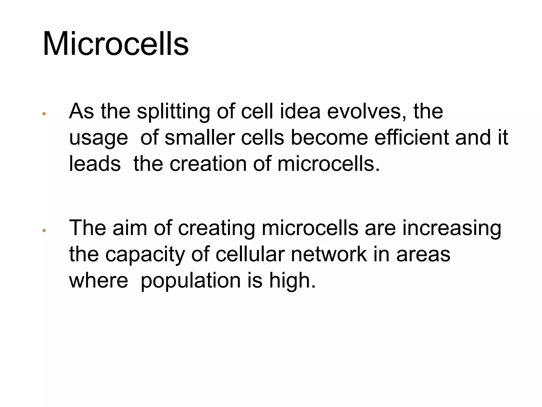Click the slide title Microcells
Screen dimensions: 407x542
click(116, 44)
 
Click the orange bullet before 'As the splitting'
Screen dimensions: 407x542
click(44, 114)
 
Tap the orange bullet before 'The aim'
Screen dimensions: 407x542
click(44, 231)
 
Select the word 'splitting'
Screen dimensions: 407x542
click(173, 112)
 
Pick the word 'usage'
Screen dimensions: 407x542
click(98, 138)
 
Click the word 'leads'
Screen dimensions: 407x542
click(95, 163)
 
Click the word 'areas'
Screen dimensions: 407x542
click(423, 254)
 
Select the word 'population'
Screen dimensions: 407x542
click(191, 281)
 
